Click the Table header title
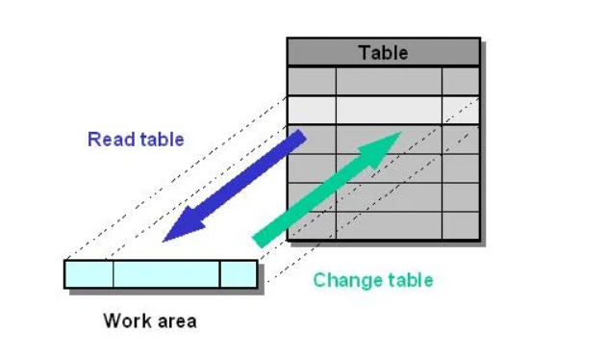[383, 53]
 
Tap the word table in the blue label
[162, 140]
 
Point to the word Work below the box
[125, 321]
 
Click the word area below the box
[175, 321]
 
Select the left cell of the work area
[89, 274]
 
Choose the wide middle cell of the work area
[166, 274]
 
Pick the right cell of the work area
[239, 274]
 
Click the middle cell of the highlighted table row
[389, 110]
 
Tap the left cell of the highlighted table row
[313, 110]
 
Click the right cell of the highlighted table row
[461, 110]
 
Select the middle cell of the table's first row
[389, 81]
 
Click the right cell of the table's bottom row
[461, 225]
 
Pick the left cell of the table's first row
[313, 81]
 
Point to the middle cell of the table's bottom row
[389, 225]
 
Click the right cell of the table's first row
[461, 81]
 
